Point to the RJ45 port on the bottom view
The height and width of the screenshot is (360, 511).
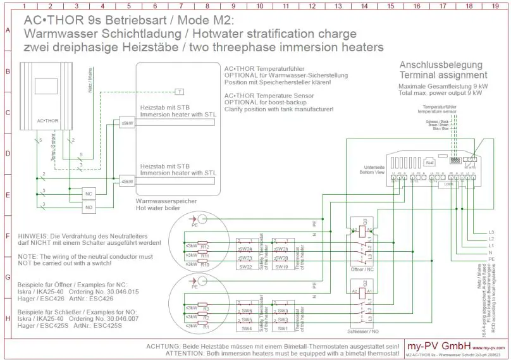coord(431,162)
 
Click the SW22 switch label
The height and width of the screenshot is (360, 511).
coord(246,267)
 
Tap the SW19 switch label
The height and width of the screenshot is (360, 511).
coord(282,267)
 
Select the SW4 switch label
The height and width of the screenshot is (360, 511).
coord(246,328)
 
